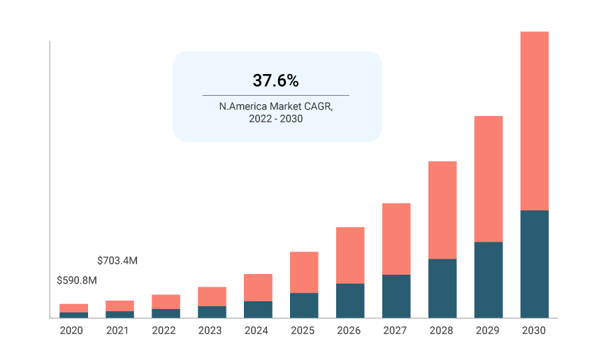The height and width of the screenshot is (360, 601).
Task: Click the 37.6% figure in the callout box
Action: coord(276,80)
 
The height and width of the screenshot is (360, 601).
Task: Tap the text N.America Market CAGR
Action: coord(276,106)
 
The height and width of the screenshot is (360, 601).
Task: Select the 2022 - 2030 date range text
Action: coord(276,120)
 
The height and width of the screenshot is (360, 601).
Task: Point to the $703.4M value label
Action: coord(117,261)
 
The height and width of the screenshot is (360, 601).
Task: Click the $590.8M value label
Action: coord(76,280)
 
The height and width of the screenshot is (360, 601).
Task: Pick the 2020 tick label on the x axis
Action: coord(71,331)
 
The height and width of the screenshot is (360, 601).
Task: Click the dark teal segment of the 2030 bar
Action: coord(534,264)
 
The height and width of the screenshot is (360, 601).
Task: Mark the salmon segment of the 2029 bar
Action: coord(488,179)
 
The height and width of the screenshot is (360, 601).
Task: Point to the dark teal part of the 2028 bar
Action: coord(442,288)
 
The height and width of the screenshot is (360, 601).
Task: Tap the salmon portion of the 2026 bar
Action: coord(349,255)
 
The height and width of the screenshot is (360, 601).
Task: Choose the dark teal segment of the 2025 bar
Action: coord(303,305)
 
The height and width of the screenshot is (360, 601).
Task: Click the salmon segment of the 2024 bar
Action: coord(257,287)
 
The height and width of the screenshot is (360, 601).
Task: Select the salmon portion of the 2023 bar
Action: coord(211,296)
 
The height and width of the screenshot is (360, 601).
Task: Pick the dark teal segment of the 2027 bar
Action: coord(396,296)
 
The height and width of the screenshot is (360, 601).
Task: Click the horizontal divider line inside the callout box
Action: coord(276,95)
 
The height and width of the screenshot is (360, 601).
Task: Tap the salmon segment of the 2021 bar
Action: coord(119,305)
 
